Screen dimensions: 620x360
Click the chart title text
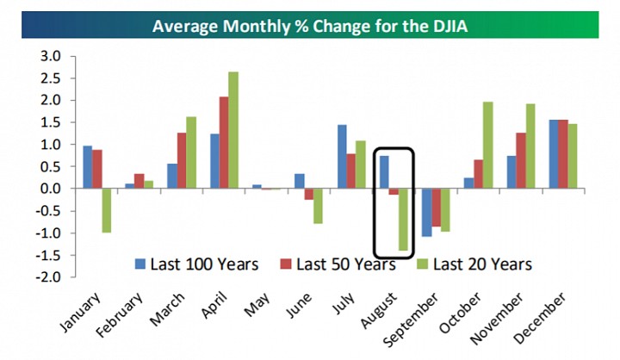coord(310,26)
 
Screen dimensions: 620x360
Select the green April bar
coord(233,130)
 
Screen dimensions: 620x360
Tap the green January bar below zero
coord(107,210)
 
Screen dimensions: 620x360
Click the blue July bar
coord(342,157)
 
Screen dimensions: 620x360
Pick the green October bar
coord(488,146)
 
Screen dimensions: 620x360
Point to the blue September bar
coord(426,213)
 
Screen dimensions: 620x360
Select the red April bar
coord(224,142)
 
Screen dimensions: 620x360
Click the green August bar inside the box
coord(403,220)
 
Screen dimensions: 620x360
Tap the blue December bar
coord(554,154)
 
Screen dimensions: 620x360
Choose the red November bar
coord(521,160)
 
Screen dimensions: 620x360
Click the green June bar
coord(318,206)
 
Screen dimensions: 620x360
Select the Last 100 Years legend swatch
coord(140,264)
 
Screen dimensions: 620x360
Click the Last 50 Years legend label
coord(346,264)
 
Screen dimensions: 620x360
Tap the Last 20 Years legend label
coord(482,264)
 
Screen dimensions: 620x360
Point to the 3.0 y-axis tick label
coord(51,56)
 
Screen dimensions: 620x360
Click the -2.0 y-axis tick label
coord(48,277)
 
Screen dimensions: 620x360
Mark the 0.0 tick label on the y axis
coord(51,189)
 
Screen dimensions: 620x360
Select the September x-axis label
coord(412,319)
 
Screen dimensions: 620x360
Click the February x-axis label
coord(120,315)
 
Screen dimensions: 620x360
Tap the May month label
coord(257,305)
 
